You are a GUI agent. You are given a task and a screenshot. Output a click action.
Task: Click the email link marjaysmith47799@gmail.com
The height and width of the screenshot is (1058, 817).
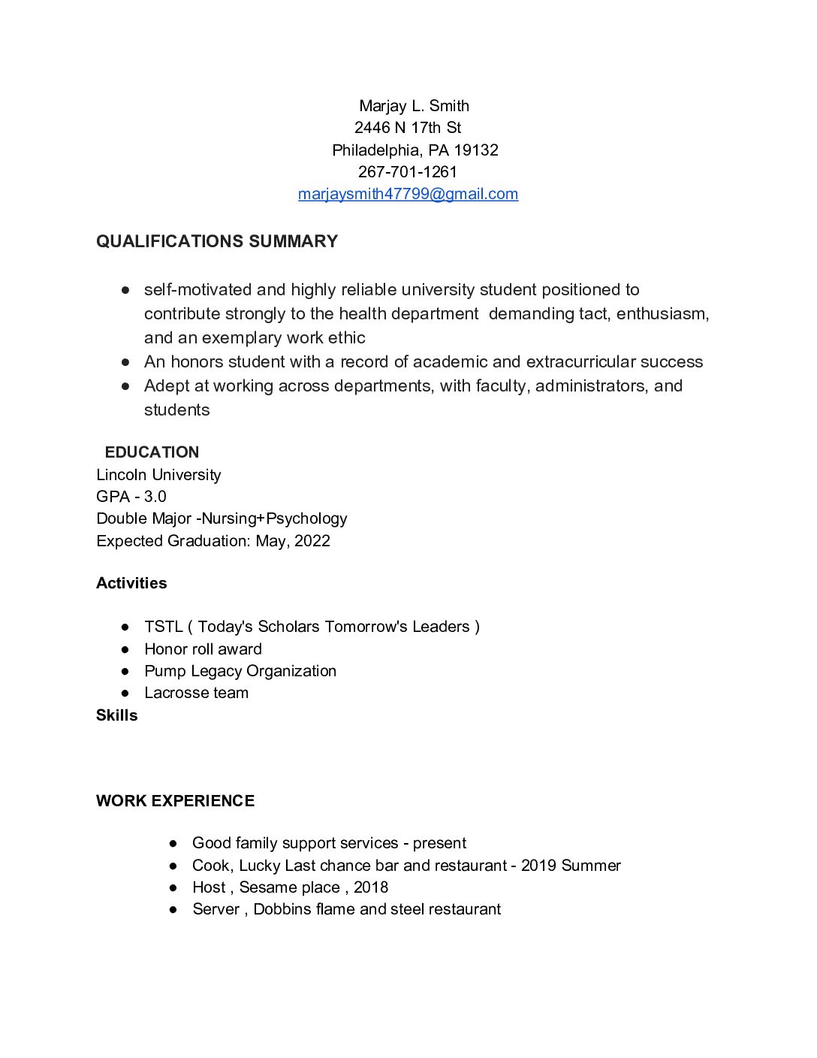tap(408, 194)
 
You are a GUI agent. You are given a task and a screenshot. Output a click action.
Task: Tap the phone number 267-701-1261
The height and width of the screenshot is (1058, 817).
tap(408, 172)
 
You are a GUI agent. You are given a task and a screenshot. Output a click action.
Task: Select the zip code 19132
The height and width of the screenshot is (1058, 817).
tap(476, 150)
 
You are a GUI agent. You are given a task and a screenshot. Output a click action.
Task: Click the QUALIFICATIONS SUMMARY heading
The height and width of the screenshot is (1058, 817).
tap(217, 241)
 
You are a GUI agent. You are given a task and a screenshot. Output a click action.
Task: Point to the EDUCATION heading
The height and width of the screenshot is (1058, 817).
tap(152, 452)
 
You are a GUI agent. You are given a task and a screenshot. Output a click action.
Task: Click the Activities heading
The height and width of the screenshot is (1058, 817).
tap(131, 583)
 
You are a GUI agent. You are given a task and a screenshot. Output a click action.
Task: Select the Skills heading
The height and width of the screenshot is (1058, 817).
tap(116, 715)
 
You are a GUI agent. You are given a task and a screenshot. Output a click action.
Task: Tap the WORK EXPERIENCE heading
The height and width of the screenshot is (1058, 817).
tap(175, 801)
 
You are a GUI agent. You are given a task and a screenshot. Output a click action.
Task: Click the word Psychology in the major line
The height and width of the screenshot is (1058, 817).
tap(306, 518)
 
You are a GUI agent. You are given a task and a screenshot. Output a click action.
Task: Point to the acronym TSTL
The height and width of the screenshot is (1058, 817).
tap(163, 627)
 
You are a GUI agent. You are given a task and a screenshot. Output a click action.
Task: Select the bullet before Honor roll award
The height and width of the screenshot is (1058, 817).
tap(125, 649)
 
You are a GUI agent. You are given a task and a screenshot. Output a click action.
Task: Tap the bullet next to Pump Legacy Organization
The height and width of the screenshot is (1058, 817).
tap(125, 671)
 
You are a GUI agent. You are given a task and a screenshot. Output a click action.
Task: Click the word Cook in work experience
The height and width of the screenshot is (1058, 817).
tap(210, 866)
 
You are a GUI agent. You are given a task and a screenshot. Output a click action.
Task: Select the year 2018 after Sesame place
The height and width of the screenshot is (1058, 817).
tap(371, 887)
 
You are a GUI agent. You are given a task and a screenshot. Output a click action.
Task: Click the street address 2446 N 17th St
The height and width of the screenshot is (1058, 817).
tap(408, 128)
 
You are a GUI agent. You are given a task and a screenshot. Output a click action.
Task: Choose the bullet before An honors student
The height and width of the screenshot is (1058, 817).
tap(125, 362)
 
